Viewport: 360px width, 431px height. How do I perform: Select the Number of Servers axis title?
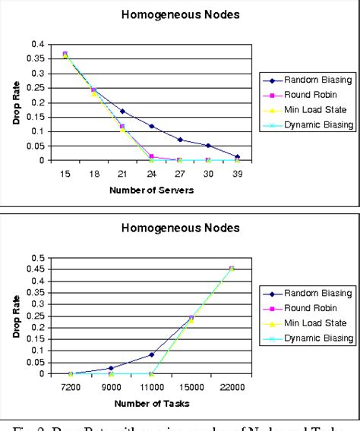(151, 189)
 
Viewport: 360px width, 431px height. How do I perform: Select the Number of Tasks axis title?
(151, 403)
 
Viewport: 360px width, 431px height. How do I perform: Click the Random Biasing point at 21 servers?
(122, 111)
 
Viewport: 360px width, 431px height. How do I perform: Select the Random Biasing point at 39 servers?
(238, 157)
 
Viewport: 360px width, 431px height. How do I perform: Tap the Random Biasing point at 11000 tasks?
(151, 354)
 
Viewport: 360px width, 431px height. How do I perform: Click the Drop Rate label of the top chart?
(16, 102)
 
